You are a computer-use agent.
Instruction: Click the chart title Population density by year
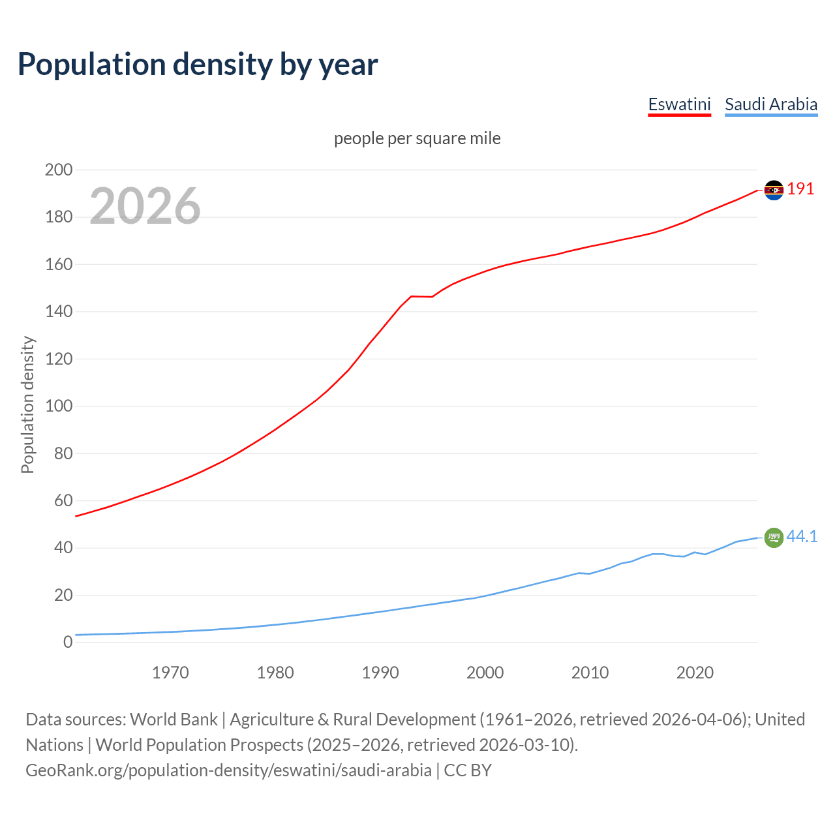[198, 64]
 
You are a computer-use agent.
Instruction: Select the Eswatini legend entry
[679, 104]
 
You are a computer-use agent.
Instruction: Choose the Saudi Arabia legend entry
[771, 104]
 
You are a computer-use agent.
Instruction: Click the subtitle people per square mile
[417, 138]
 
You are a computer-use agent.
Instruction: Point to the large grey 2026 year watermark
[145, 206]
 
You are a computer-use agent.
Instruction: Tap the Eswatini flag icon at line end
[774, 190]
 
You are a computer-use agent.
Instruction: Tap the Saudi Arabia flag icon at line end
[774, 538]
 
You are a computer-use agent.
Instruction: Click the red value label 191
[800, 189]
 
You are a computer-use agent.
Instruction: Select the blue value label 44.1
[802, 536]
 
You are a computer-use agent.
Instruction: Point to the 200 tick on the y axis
[59, 170]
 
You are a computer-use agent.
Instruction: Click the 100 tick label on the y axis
[59, 406]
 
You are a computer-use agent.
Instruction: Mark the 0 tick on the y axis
[68, 642]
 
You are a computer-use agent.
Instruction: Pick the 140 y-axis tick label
[59, 311]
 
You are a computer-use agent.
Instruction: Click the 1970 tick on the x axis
[170, 673]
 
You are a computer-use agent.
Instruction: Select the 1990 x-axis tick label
[380, 673]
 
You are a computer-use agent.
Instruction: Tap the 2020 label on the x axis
[695, 673]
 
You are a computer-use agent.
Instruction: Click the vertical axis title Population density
[27, 404]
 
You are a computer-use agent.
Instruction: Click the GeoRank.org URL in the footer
[228, 770]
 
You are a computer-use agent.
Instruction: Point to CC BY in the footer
[468, 770]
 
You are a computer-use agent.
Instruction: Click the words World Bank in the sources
[174, 720]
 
